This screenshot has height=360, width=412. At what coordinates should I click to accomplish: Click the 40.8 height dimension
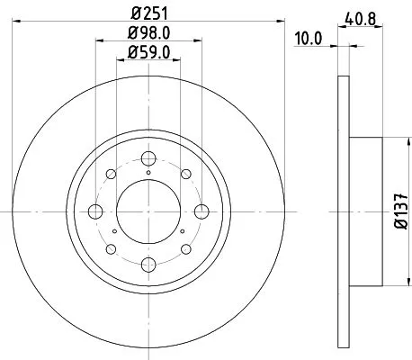360,15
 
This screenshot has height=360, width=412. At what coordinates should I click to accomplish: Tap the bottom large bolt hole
148,265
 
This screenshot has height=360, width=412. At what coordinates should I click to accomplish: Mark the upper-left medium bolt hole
111,175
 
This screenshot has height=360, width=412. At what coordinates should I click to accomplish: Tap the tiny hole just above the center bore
148,170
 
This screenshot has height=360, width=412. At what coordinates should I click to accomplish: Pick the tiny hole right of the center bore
184,231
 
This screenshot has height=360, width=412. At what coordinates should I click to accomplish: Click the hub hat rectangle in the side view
366,211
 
